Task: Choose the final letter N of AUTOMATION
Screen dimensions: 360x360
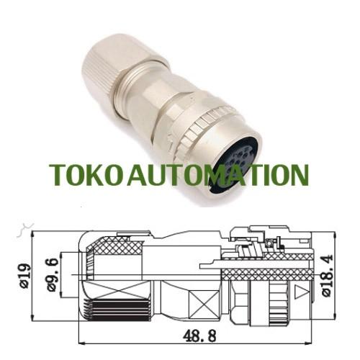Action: (x=298, y=175)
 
